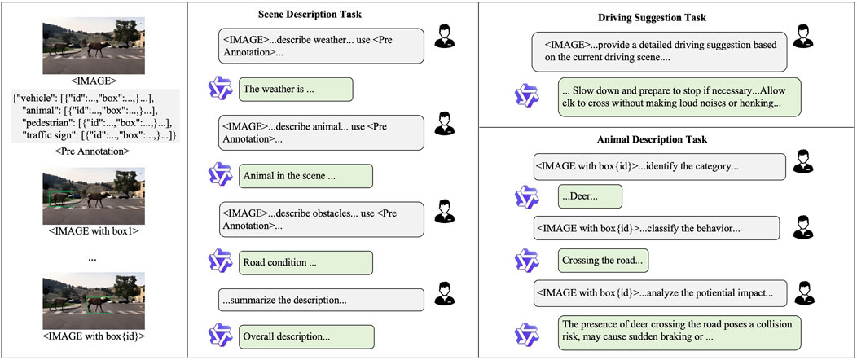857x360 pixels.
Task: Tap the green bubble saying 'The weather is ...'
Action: coord(295,89)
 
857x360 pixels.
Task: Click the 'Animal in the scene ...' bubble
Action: coord(305,176)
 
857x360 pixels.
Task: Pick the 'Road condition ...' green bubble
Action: coord(305,262)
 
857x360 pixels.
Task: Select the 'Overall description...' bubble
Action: coord(305,336)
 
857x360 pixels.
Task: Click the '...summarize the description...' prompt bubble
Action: coord(321,300)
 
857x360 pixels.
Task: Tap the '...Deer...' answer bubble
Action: coord(589,196)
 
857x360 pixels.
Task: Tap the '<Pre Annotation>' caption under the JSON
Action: coord(93,151)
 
